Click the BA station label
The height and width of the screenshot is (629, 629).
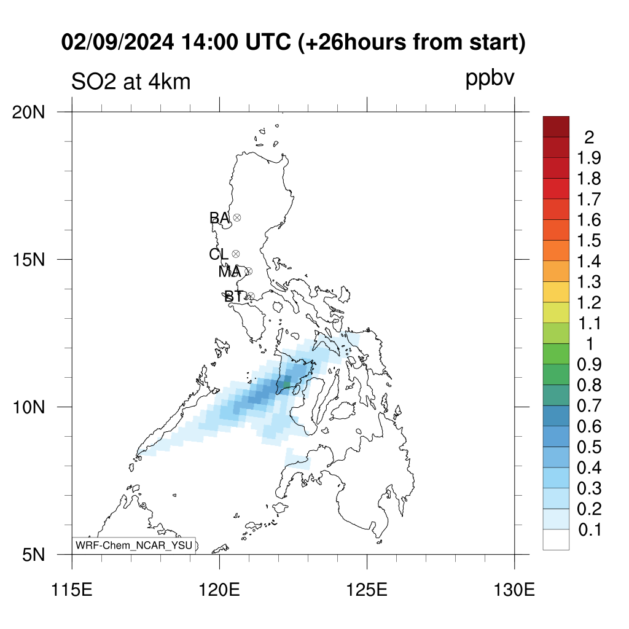(219, 218)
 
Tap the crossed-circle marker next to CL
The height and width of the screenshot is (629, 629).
(236, 254)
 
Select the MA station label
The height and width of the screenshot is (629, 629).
(230, 272)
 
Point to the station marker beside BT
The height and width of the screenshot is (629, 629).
(251, 297)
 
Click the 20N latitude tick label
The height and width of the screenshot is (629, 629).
(28, 112)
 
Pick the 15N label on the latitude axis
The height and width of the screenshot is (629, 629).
(28, 260)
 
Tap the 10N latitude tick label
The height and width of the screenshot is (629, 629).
(28, 407)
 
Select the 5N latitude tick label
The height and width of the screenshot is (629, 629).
(34, 555)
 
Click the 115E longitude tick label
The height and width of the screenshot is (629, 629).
(72, 590)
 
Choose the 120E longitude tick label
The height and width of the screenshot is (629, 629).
(219, 590)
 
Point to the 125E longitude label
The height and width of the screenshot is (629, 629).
(367, 590)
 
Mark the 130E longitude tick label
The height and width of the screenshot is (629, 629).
(514, 590)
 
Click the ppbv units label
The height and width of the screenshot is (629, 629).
(490, 79)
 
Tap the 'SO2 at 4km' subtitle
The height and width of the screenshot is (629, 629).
(131, 82)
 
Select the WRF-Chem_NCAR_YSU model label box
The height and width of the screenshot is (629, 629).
(134, 545)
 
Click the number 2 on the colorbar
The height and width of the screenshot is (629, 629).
(589, 138)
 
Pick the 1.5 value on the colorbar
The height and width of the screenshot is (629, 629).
(589, 241)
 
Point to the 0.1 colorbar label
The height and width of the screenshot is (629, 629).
(590, 530)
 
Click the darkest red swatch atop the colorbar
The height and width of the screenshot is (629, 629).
(556, 127)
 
